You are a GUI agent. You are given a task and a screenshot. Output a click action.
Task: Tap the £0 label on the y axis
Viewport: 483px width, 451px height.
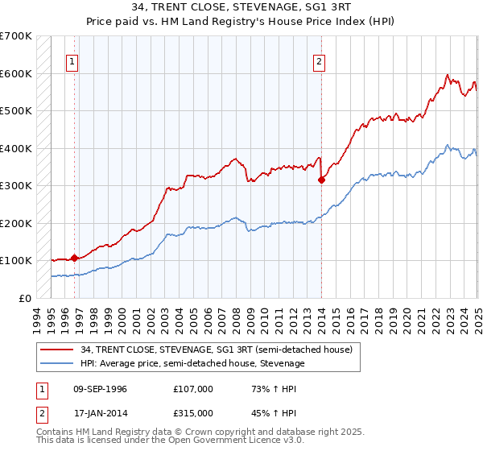[x=25, y=298]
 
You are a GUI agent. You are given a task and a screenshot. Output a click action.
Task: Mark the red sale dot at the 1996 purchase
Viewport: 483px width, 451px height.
[x=74, y=258]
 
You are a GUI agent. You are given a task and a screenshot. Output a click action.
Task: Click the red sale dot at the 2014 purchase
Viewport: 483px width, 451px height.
[x=321, y=180]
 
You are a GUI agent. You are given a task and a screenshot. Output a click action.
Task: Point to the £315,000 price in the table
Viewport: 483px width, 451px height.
[x=192, y=412]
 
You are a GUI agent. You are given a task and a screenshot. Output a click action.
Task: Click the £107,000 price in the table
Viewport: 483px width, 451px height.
[x=192, y=389]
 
